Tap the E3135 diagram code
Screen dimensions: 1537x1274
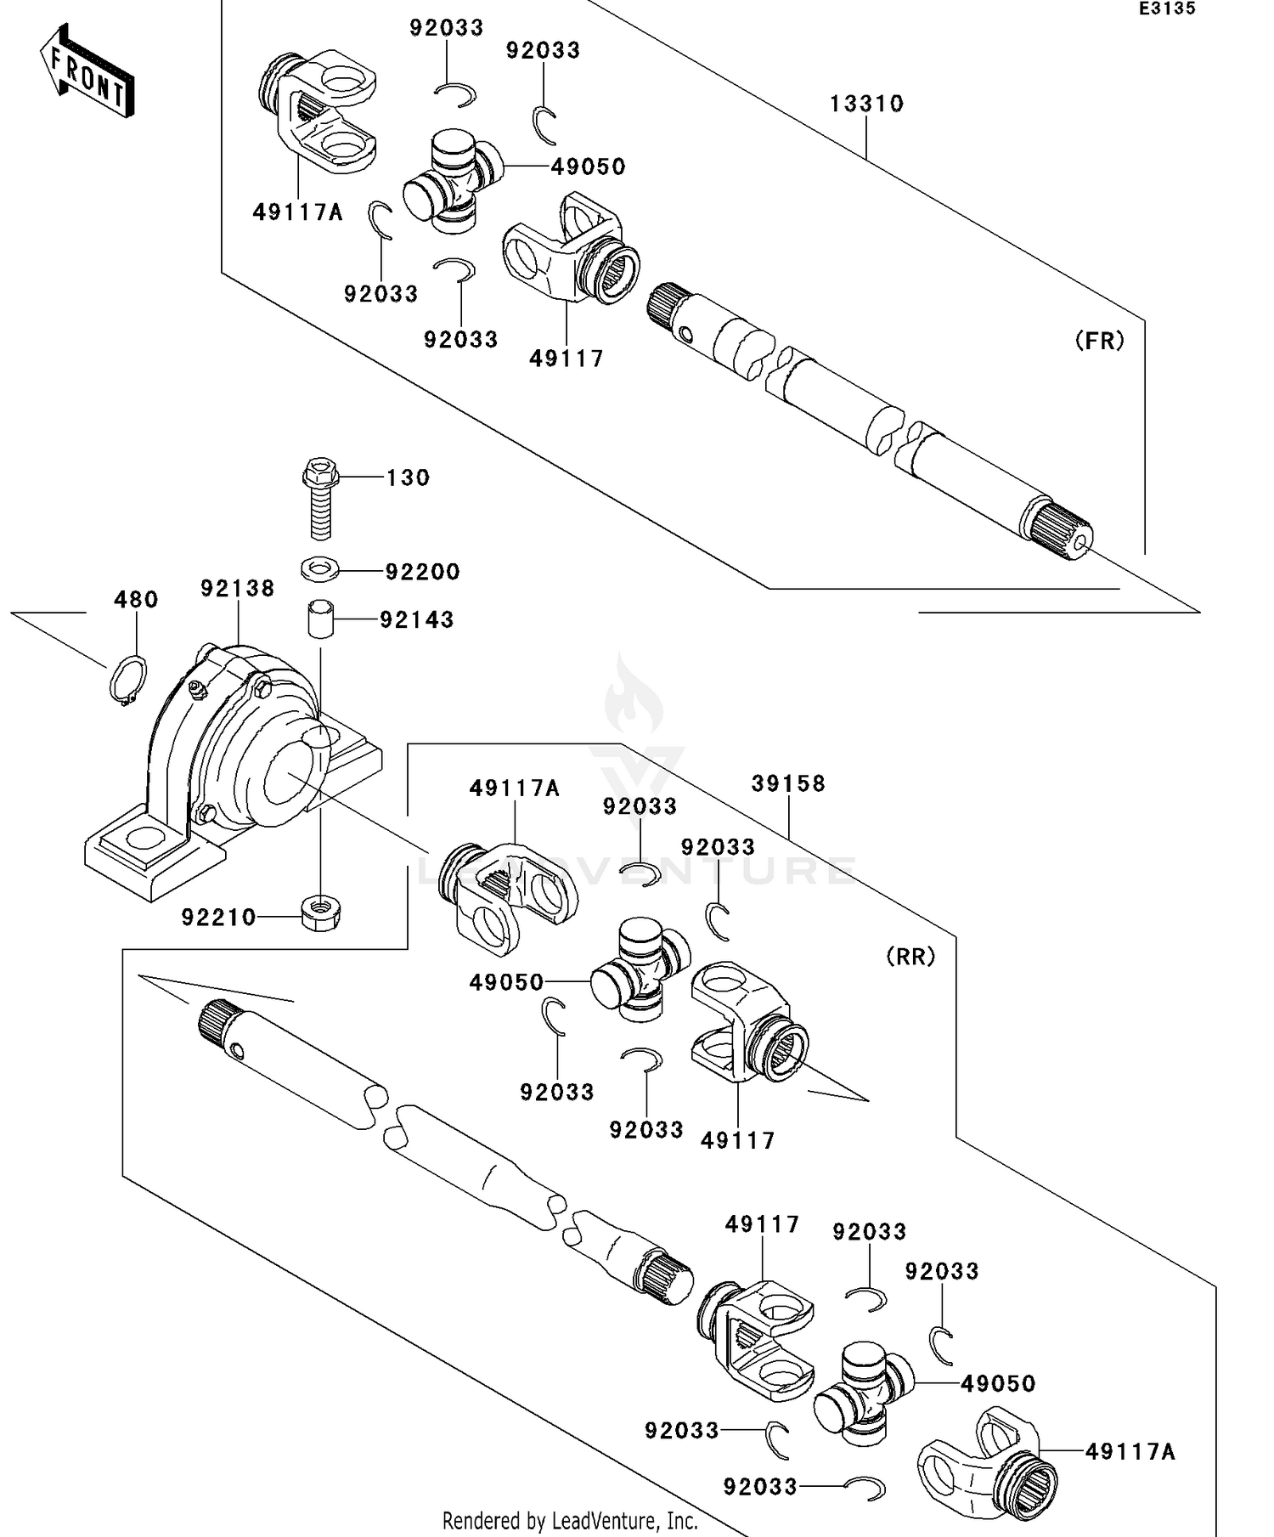(1166, 9)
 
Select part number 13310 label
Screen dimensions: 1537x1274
(865, 104)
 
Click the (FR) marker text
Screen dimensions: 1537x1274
(1099, 341)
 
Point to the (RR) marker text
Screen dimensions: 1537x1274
(910, 957)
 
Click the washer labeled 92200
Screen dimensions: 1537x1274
(319, 568)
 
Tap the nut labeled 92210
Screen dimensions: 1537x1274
(320, 914)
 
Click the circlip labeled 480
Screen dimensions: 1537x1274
(128, 680)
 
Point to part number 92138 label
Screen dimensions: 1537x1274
(237, 588)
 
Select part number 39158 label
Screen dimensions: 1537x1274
(787, 783)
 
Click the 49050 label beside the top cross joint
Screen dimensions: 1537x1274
(588, 167)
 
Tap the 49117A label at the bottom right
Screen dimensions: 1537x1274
(1130, 1452)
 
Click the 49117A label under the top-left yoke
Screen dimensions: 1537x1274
(297, 212)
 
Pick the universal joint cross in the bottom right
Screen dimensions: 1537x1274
(862, 1393)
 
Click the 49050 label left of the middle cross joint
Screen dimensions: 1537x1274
(506, 982)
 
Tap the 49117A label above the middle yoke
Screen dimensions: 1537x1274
(514, 788)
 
